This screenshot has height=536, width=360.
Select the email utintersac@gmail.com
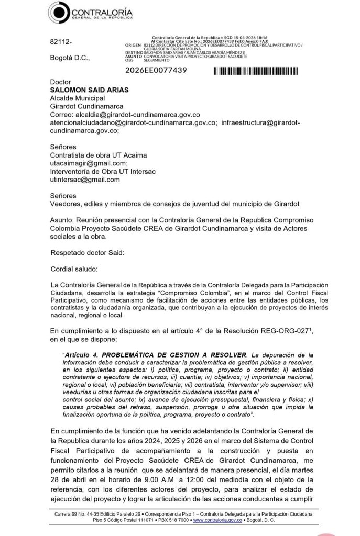84,180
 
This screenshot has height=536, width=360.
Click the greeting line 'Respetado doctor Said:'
88,253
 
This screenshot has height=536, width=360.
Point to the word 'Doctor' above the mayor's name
60,82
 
